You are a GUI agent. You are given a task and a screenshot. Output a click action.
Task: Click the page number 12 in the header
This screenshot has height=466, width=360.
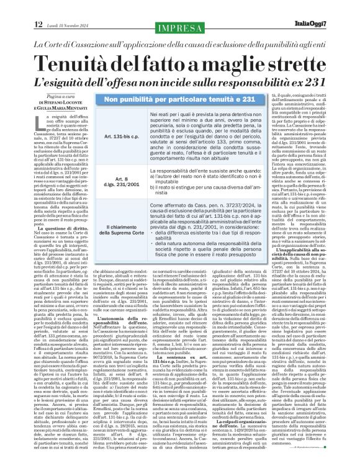point(12,7)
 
